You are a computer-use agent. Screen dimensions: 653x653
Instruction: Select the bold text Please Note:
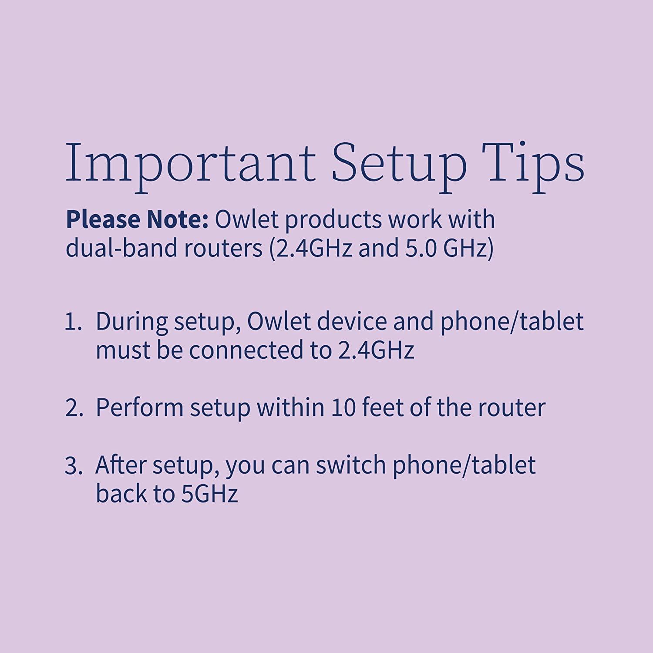137,220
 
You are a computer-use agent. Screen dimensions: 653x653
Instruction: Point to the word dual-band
118,249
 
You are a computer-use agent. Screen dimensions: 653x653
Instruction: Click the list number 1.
74,323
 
